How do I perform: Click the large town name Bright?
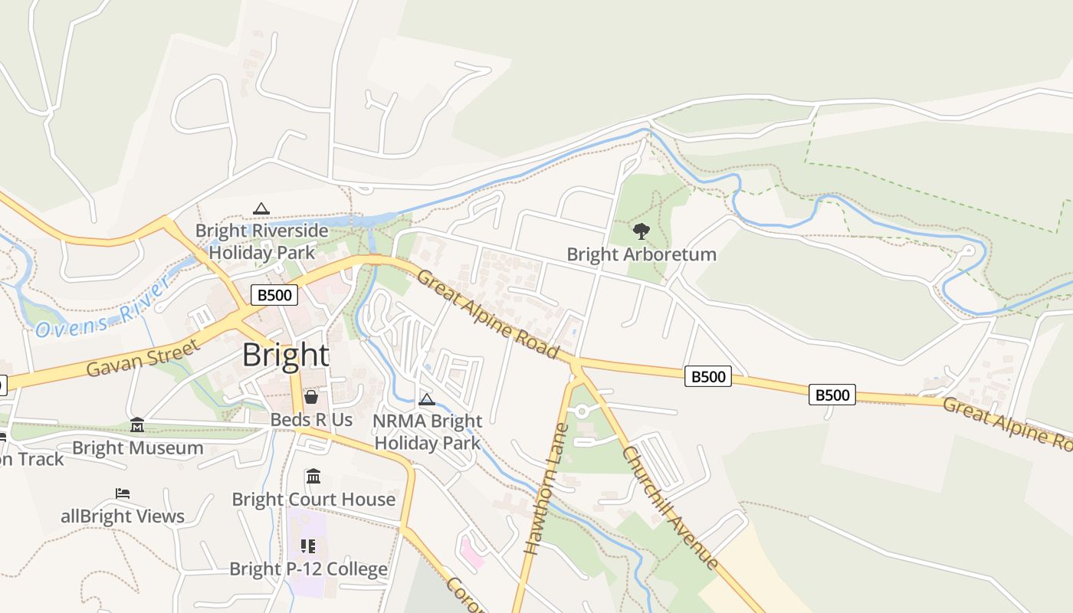[286, 356]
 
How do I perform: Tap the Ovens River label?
[103, 306]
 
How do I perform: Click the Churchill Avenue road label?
[671, 507]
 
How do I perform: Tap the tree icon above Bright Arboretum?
[642, 231]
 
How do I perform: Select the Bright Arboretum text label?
[642, 254]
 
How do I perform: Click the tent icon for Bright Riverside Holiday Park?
[261, 208]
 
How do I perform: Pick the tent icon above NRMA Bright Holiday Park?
[427, 399]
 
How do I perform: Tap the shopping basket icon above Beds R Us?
[311, 397]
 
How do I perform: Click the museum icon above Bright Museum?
[137, 425]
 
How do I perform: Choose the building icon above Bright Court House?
[313, 477]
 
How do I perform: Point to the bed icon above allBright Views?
[123, 493]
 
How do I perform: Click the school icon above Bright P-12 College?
[308, 546]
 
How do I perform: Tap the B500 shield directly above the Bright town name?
[274, 295]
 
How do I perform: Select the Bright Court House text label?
[313, 500]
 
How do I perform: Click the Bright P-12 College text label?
[308, 569]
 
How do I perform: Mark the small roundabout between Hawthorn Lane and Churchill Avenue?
[582, 411]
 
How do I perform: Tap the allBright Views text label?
[123, 516]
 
